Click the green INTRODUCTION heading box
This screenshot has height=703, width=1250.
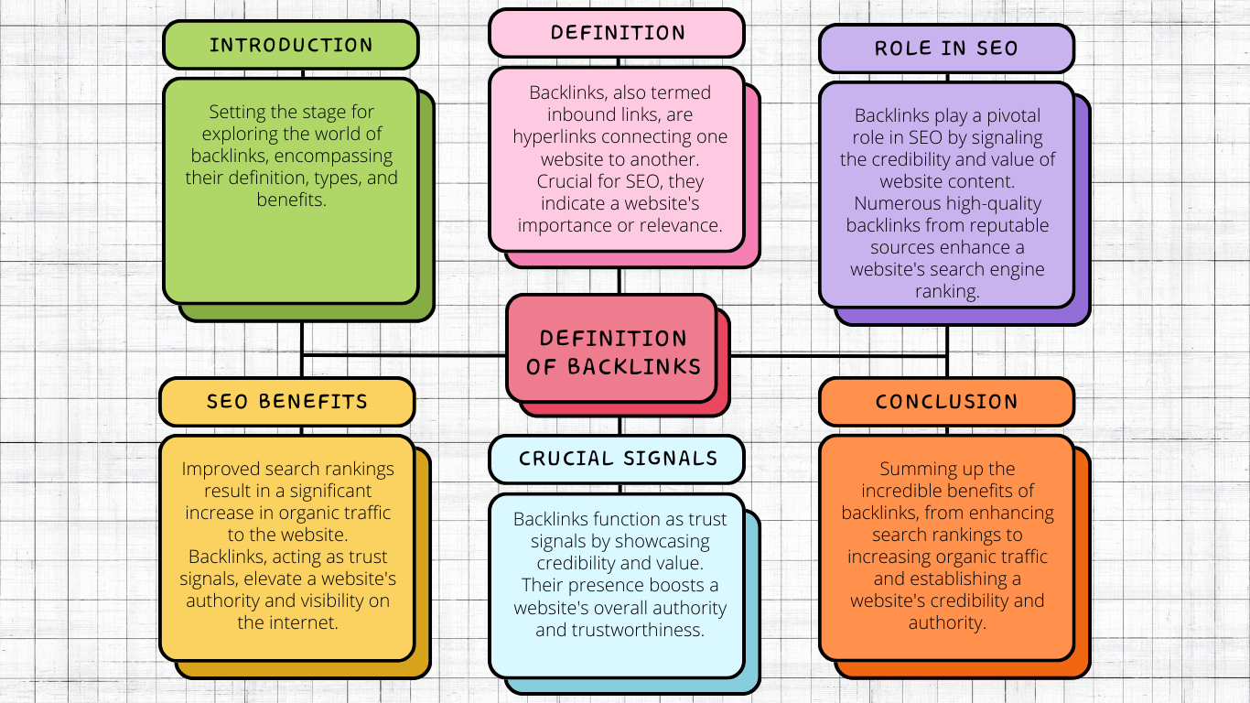(290, 45)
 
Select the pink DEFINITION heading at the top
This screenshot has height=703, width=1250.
(617, 33)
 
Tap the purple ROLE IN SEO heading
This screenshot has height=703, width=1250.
(946, 49)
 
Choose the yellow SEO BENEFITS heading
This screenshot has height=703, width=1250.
(286, 402)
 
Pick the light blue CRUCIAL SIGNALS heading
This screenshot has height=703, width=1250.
(618, 459)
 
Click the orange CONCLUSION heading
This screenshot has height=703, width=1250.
(946, 402)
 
